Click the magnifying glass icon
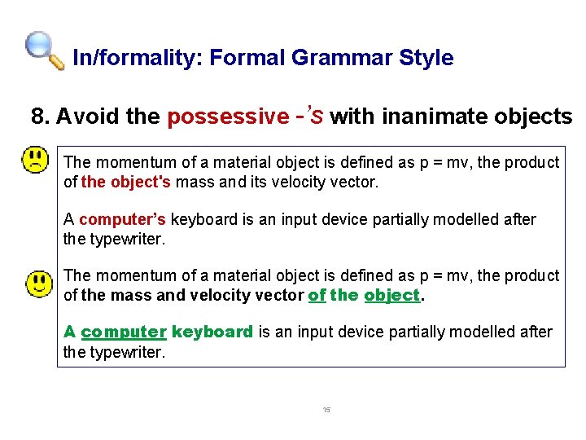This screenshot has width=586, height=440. (x=44, y=51)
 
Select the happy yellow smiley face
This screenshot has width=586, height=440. (x=38, y=284)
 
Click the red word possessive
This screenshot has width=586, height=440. (x=227, y=117)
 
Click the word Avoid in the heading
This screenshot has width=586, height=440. (x=89, y=117)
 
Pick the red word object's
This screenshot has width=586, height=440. (x=139, y=182)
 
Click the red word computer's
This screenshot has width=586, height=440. (x=123, y=219)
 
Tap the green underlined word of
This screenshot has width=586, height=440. (x=317, y=295)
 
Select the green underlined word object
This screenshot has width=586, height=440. (x=391, y=295)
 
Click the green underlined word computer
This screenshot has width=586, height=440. (x=124, y=332)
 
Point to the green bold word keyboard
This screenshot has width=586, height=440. (x=212, y=332)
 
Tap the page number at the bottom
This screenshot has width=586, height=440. (x=326, y=410)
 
